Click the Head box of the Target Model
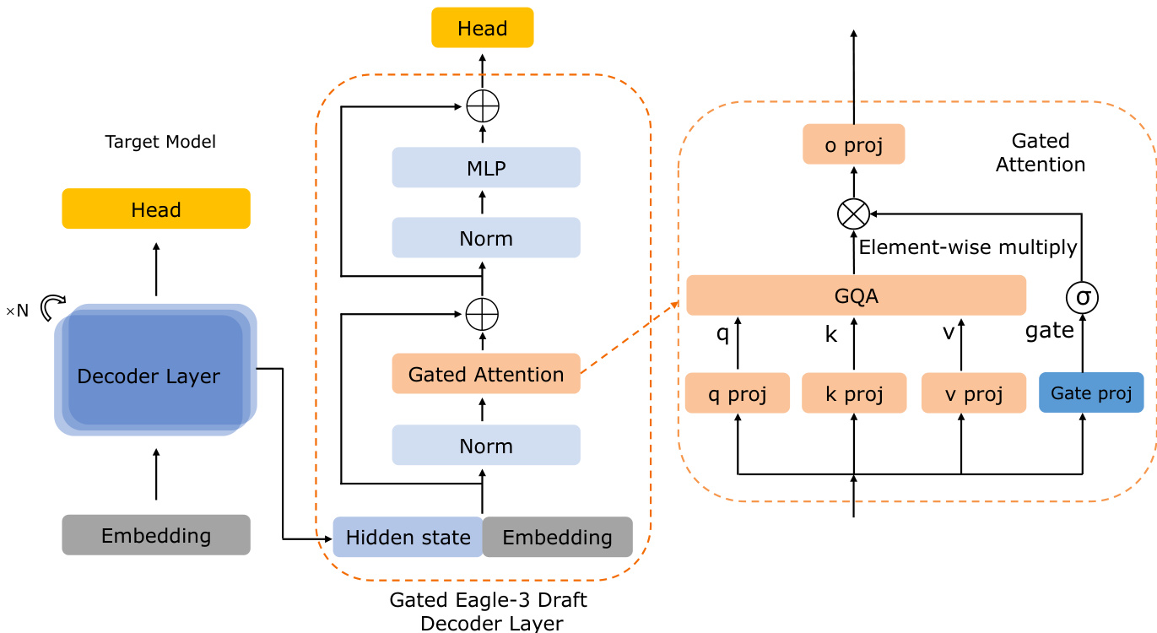(x=156, y=208)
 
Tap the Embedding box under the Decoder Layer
(x=156, y=534)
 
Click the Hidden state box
(x=408, y=537)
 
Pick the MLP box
(x=486, y=167)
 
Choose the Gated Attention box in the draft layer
(x=486, y=373)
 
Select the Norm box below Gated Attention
(x=486, y=445)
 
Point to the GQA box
(x=856, y=295)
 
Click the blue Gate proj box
(x=1091, y=392)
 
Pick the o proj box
(x=853, y=144)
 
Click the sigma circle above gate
(x=1082, y=296)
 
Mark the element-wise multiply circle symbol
(x=853, y=214)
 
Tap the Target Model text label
(x=160, y=142)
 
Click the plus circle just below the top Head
(x=483, y=106)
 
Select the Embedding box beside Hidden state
(x=557, y=537)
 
